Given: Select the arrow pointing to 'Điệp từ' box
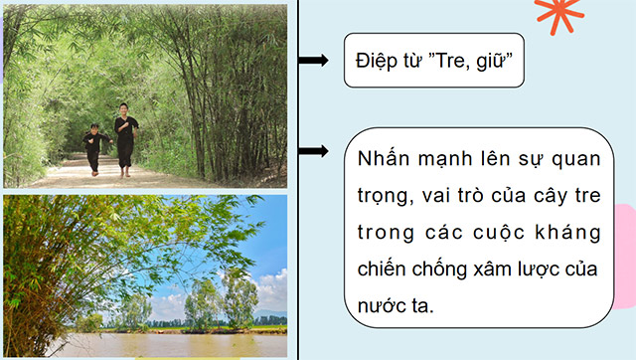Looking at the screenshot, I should pyautogui.click(x=313, y=61).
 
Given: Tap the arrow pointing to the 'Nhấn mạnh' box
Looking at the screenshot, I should pyautogui.click(x=313, y=152).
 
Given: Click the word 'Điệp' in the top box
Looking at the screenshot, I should pyautogui.click(x=375, y=60).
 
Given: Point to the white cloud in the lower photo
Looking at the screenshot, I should pyautogui.click(x=268, y=288).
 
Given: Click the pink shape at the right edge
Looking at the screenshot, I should pyautogui.click(x=626, y=239).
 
